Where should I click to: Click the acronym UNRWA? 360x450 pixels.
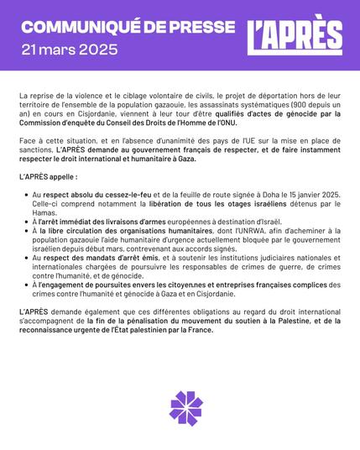click(x=233, y=238)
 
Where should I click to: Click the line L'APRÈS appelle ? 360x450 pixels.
click(x=48, y=178)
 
